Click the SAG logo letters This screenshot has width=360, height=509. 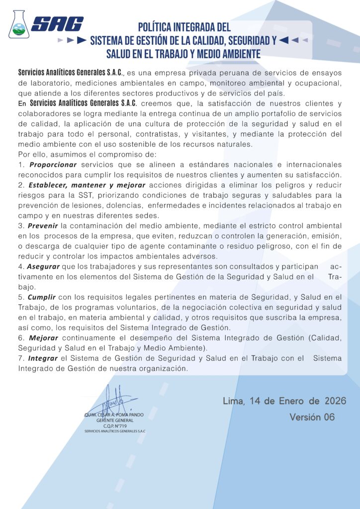click(x=57, y=24)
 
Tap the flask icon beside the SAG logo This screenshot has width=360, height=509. click(x=19, y=24)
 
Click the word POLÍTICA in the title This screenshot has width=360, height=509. click(x=158, y=28)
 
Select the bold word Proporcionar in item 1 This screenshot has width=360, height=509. click(x=53, y=165)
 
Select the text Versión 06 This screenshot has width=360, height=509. click(x=312, y=417)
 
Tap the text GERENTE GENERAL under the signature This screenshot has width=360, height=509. click(x=115, y=421)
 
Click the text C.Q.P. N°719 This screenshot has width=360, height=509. click(x=115, y=426)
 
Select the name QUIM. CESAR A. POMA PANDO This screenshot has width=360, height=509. click(x=114, y=415)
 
